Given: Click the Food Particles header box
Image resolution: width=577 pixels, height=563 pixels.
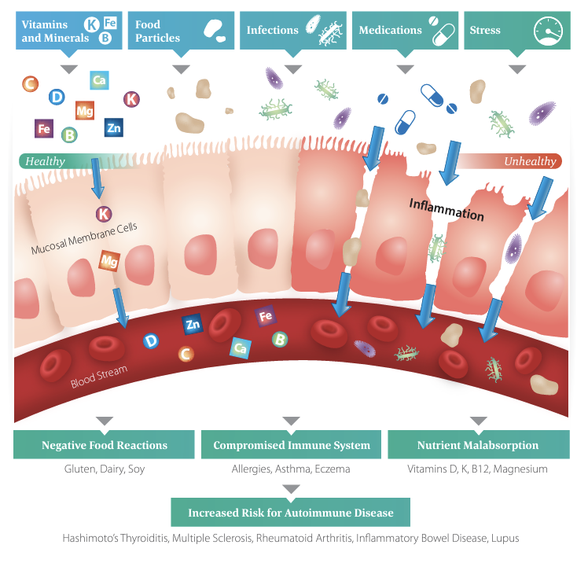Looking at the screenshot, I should [x=180, y=31].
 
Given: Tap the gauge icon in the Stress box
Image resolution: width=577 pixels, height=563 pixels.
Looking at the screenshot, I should [x=548, y=31].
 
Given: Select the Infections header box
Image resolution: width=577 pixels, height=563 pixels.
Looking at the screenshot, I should [x=292, y=31].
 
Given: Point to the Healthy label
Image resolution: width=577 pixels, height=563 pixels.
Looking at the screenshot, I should [x=46, y=161].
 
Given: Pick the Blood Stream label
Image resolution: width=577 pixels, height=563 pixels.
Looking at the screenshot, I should [x=98, y=377].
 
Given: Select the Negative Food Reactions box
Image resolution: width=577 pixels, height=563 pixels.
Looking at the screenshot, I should [x=105, y=445].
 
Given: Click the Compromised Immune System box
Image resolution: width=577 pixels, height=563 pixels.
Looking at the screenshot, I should [x=292, y=445].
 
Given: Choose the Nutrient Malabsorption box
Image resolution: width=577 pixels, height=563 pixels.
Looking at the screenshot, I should [x=478, y=445].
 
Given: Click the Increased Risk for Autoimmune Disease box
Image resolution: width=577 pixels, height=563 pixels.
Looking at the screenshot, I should [x=292, y=513].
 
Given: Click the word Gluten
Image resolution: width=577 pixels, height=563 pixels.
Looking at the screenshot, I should [x=80, y=469].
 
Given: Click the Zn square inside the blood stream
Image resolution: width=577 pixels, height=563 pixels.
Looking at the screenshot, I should [x=193, y=323].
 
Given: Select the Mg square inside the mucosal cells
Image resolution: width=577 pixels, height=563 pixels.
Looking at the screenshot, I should [x=108, y=260].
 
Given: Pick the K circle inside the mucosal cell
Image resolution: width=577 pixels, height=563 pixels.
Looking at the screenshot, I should [x=104, y=214].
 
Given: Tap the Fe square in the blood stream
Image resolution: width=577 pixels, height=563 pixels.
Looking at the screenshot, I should [x=265, y=317].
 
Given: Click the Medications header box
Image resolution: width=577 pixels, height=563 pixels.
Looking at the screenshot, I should [x=404, y=31].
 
